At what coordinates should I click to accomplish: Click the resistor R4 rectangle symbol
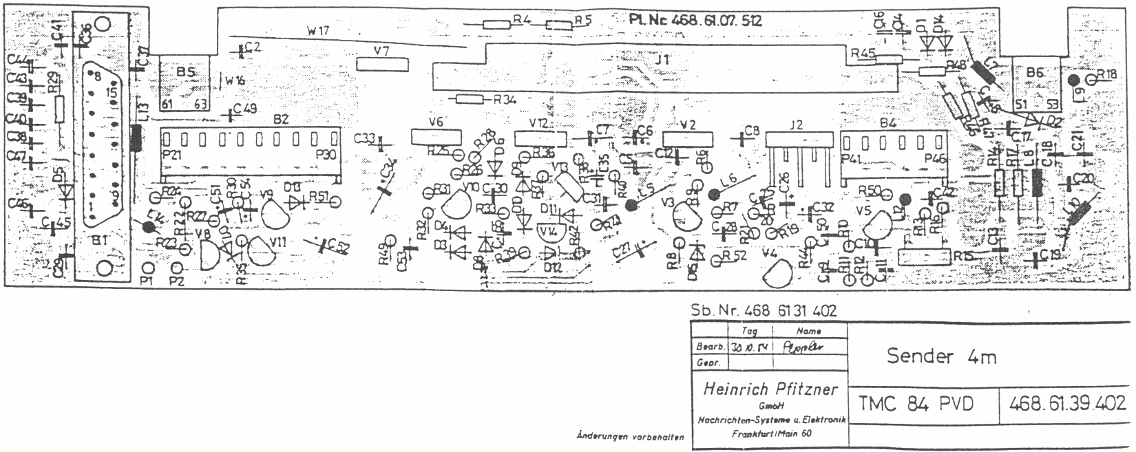[495, 24]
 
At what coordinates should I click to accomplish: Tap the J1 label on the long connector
[662, 61]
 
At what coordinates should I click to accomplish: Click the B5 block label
[185, 72]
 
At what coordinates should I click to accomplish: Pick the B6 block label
[1035, 72]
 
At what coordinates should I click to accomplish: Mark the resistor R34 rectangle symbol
[471, 99]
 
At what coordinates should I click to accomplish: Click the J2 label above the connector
[796, 125]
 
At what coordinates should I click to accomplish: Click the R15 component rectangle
[923, 257]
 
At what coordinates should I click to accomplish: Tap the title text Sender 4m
[941, 356]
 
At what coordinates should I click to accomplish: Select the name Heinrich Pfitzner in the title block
[770, 389]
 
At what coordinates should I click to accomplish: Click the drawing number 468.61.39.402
[1067, 404]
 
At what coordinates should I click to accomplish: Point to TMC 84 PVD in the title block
[916, 404]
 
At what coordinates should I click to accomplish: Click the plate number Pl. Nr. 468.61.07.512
[695, 21]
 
